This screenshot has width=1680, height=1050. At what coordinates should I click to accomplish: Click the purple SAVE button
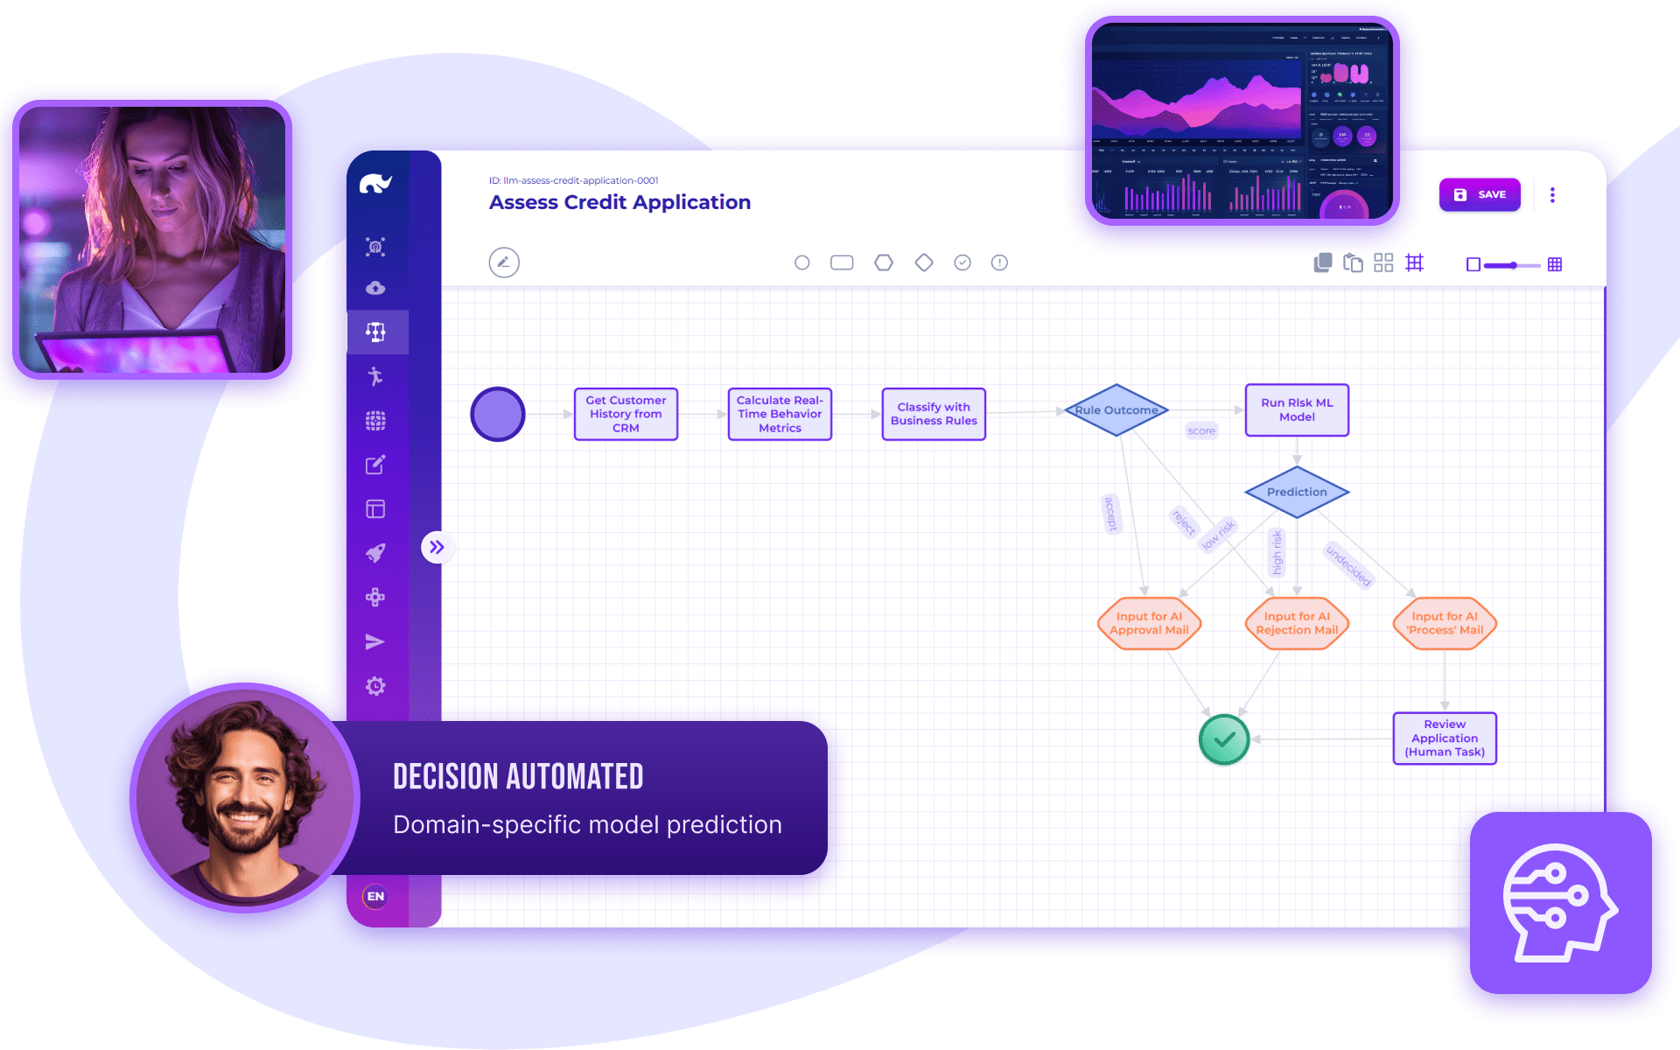click(1480, 194)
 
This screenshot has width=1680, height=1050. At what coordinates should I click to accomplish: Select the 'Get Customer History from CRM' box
click(626, 414)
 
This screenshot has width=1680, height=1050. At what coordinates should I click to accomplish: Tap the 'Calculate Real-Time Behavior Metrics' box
click(780, 414)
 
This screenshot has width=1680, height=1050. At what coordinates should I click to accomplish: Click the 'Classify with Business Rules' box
click(934, 414)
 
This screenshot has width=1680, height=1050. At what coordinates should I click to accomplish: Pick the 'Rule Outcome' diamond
click(1116, 409)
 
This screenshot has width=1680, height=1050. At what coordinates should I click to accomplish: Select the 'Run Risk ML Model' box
click(1297, 409)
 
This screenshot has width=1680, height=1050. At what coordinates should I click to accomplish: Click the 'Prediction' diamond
click(1297, 492)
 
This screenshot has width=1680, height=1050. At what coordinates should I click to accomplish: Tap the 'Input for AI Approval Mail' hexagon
click(1149, 623)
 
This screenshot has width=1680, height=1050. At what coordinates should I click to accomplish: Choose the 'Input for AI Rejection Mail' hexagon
click(1297, 623)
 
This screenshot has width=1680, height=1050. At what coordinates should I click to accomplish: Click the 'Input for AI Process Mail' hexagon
click(1445, 623)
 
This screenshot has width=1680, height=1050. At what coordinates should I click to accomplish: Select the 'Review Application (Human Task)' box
click(1445, 738)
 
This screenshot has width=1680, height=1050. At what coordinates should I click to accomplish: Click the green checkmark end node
click(1224, 739)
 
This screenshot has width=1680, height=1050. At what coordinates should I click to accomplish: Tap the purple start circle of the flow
click(498, 414)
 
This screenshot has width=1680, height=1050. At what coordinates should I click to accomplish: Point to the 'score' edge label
click(1201, 430)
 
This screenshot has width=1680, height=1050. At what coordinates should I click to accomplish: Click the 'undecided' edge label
click(1348, 565)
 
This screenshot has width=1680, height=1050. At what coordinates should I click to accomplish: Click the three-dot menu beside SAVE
click(1552, 194)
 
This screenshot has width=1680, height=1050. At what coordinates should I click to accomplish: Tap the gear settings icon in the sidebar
click(375, 686)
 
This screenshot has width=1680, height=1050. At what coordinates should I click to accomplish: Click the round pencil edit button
click(504, 262)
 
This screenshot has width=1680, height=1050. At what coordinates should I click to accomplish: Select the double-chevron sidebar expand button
click(437, 548)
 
